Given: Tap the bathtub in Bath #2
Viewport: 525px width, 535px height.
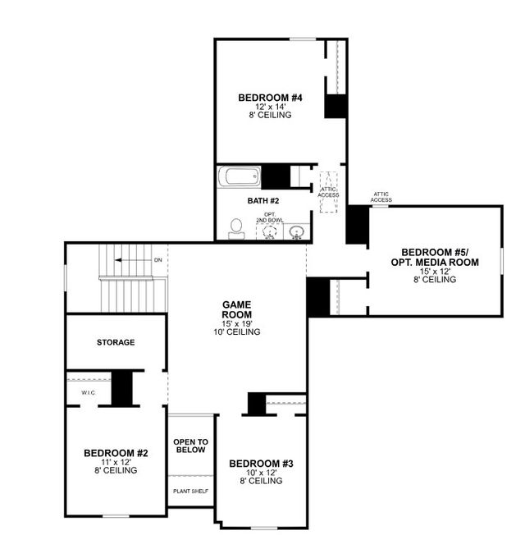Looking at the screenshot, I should (x=239, y=177).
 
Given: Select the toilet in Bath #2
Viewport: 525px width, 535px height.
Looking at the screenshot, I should (x=236, y=226).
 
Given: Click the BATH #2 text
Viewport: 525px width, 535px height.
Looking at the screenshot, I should (x=264, y=200).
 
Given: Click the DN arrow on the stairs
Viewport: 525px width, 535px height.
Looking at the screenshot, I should (x=131, y=260).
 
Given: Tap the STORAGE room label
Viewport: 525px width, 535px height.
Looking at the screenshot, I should (x=116, y=342).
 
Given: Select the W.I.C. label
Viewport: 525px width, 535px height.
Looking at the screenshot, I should (x=89, y=393).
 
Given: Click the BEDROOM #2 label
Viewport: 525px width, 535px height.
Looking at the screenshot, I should (x=116, y=453).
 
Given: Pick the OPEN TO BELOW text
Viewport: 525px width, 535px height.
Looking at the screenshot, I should (x=190, y=446).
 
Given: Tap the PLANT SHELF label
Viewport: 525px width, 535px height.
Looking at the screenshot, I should (x=190, y=492).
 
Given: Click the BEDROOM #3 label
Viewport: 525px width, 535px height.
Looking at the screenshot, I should (x=261, y=464).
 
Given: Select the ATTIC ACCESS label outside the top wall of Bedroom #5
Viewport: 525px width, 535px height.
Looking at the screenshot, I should (x=381, y=197).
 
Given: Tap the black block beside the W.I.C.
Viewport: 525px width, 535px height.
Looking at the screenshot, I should (x=122, y=387).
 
